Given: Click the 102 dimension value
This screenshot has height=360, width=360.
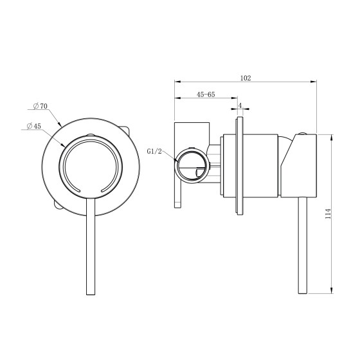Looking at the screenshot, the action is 246,78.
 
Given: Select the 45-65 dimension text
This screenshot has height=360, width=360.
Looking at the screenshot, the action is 206,94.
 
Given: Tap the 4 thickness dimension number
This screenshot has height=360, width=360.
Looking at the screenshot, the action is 240,105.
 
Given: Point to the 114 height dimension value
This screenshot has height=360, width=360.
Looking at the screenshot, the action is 328,213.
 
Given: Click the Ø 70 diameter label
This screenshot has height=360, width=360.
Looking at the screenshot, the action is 40,106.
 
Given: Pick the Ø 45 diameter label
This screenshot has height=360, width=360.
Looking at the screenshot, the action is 33,126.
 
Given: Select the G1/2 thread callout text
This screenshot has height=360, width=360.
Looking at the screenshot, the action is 154,151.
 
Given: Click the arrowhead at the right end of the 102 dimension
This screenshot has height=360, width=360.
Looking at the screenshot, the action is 314,82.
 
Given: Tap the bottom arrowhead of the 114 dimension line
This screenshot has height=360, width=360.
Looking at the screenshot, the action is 332,290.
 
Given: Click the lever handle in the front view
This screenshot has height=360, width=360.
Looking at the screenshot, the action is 91,246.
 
